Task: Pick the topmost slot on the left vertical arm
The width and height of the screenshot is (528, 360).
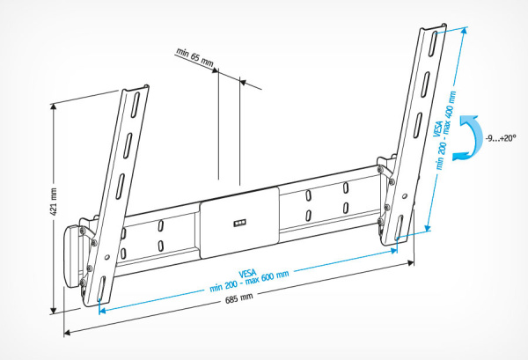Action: [135, 106]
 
